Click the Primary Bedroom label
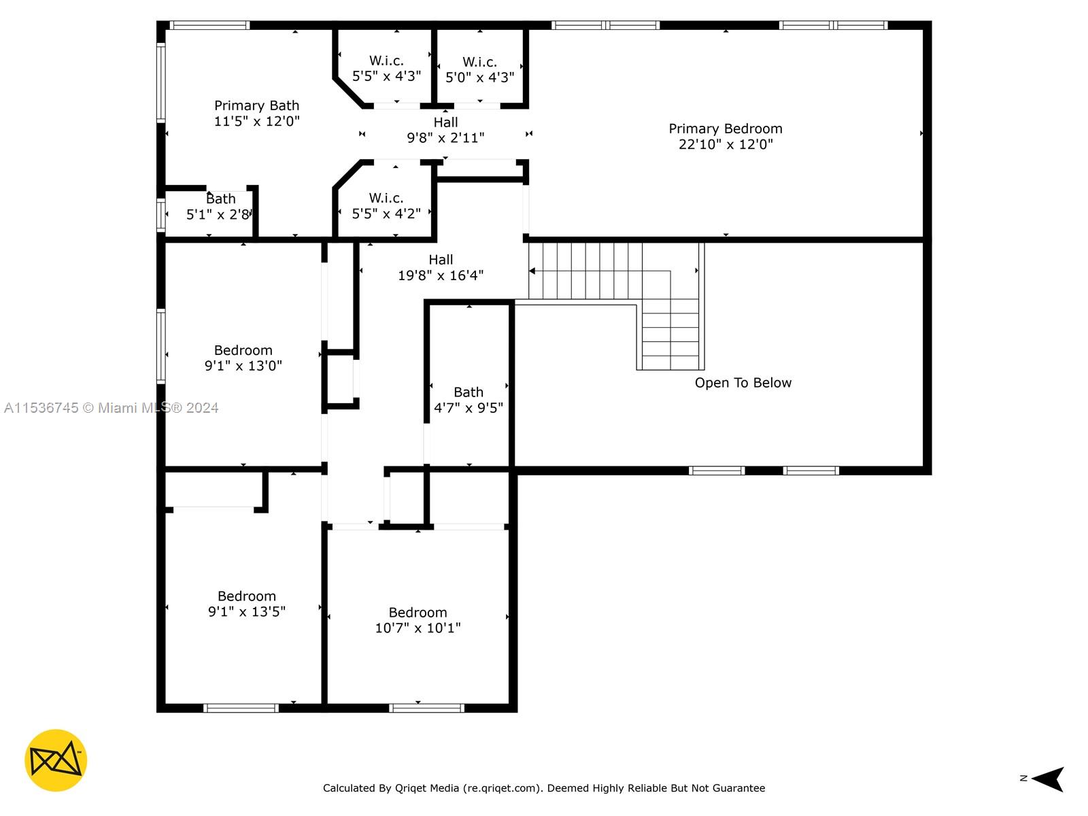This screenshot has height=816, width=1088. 725,129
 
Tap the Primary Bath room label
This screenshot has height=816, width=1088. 256,105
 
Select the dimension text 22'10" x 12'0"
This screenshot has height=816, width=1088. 725,144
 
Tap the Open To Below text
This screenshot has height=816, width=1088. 743,382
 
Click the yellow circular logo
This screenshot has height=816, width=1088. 56,760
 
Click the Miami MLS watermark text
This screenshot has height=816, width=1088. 111,408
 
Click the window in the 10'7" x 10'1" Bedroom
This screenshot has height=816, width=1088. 426,708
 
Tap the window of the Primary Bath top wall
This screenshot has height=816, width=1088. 209,25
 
